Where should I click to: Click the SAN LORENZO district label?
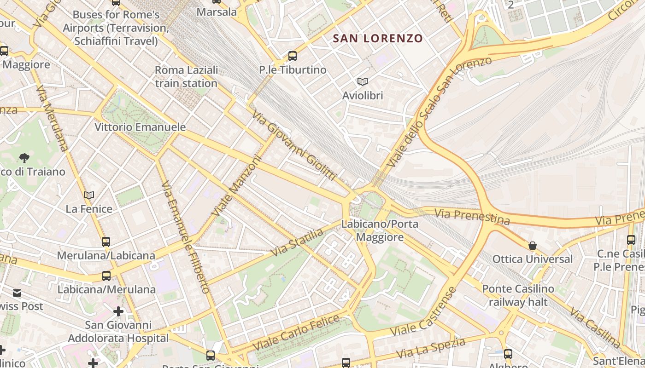click(377, 39)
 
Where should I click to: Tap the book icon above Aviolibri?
click(363, 81)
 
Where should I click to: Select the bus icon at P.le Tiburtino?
click(292, 56)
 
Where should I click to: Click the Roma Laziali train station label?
click(186, 77)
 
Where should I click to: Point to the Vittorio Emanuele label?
click(140, 127)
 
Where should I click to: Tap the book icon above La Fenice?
click(89, 195)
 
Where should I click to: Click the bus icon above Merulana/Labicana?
click(106, 241)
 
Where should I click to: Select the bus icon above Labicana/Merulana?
click(106, 276)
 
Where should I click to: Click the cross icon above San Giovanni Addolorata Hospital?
click(118, 311)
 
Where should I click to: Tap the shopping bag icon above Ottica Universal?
click(532, 246)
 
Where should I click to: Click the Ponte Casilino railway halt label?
click(518, 295)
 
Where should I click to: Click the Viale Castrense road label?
click(423, 312)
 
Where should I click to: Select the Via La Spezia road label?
click(431, 348)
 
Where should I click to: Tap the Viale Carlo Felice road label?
click(296, 332)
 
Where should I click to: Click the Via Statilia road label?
click(297, 243)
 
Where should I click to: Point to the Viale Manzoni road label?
click(237, 186)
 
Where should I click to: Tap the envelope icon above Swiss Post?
click(17, 293)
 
